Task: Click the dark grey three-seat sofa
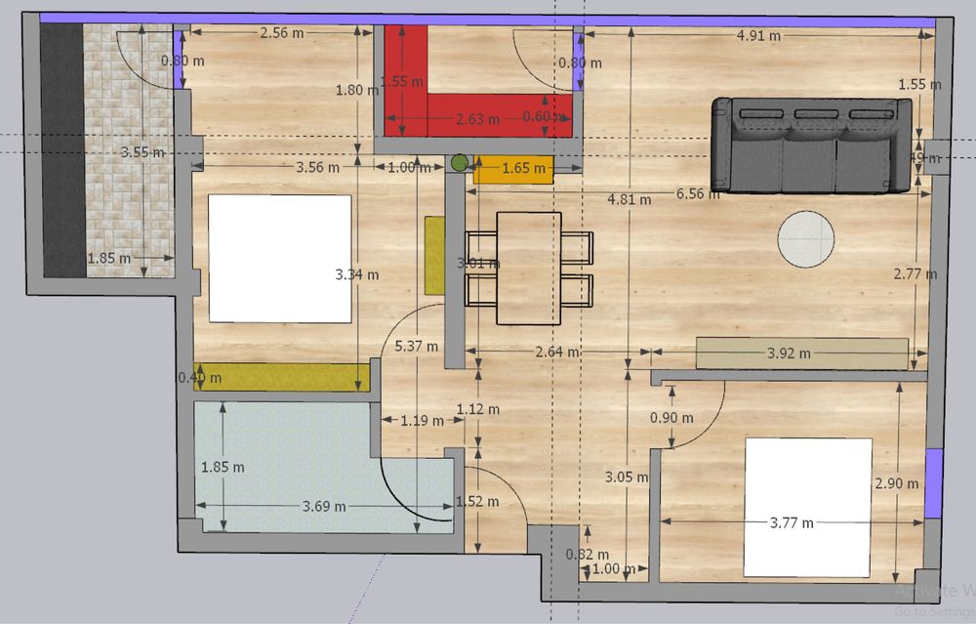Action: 813,146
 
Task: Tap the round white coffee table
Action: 806,239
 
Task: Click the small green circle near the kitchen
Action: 458,163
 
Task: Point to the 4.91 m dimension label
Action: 758,36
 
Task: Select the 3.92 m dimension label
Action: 789,353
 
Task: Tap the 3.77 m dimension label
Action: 792,522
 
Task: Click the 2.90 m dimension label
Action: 897,483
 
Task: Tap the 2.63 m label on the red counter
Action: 478,120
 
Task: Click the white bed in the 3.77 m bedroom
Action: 808,506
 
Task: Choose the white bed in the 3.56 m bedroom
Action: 280,258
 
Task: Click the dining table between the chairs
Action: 529,268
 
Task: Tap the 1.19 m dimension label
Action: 421,422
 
